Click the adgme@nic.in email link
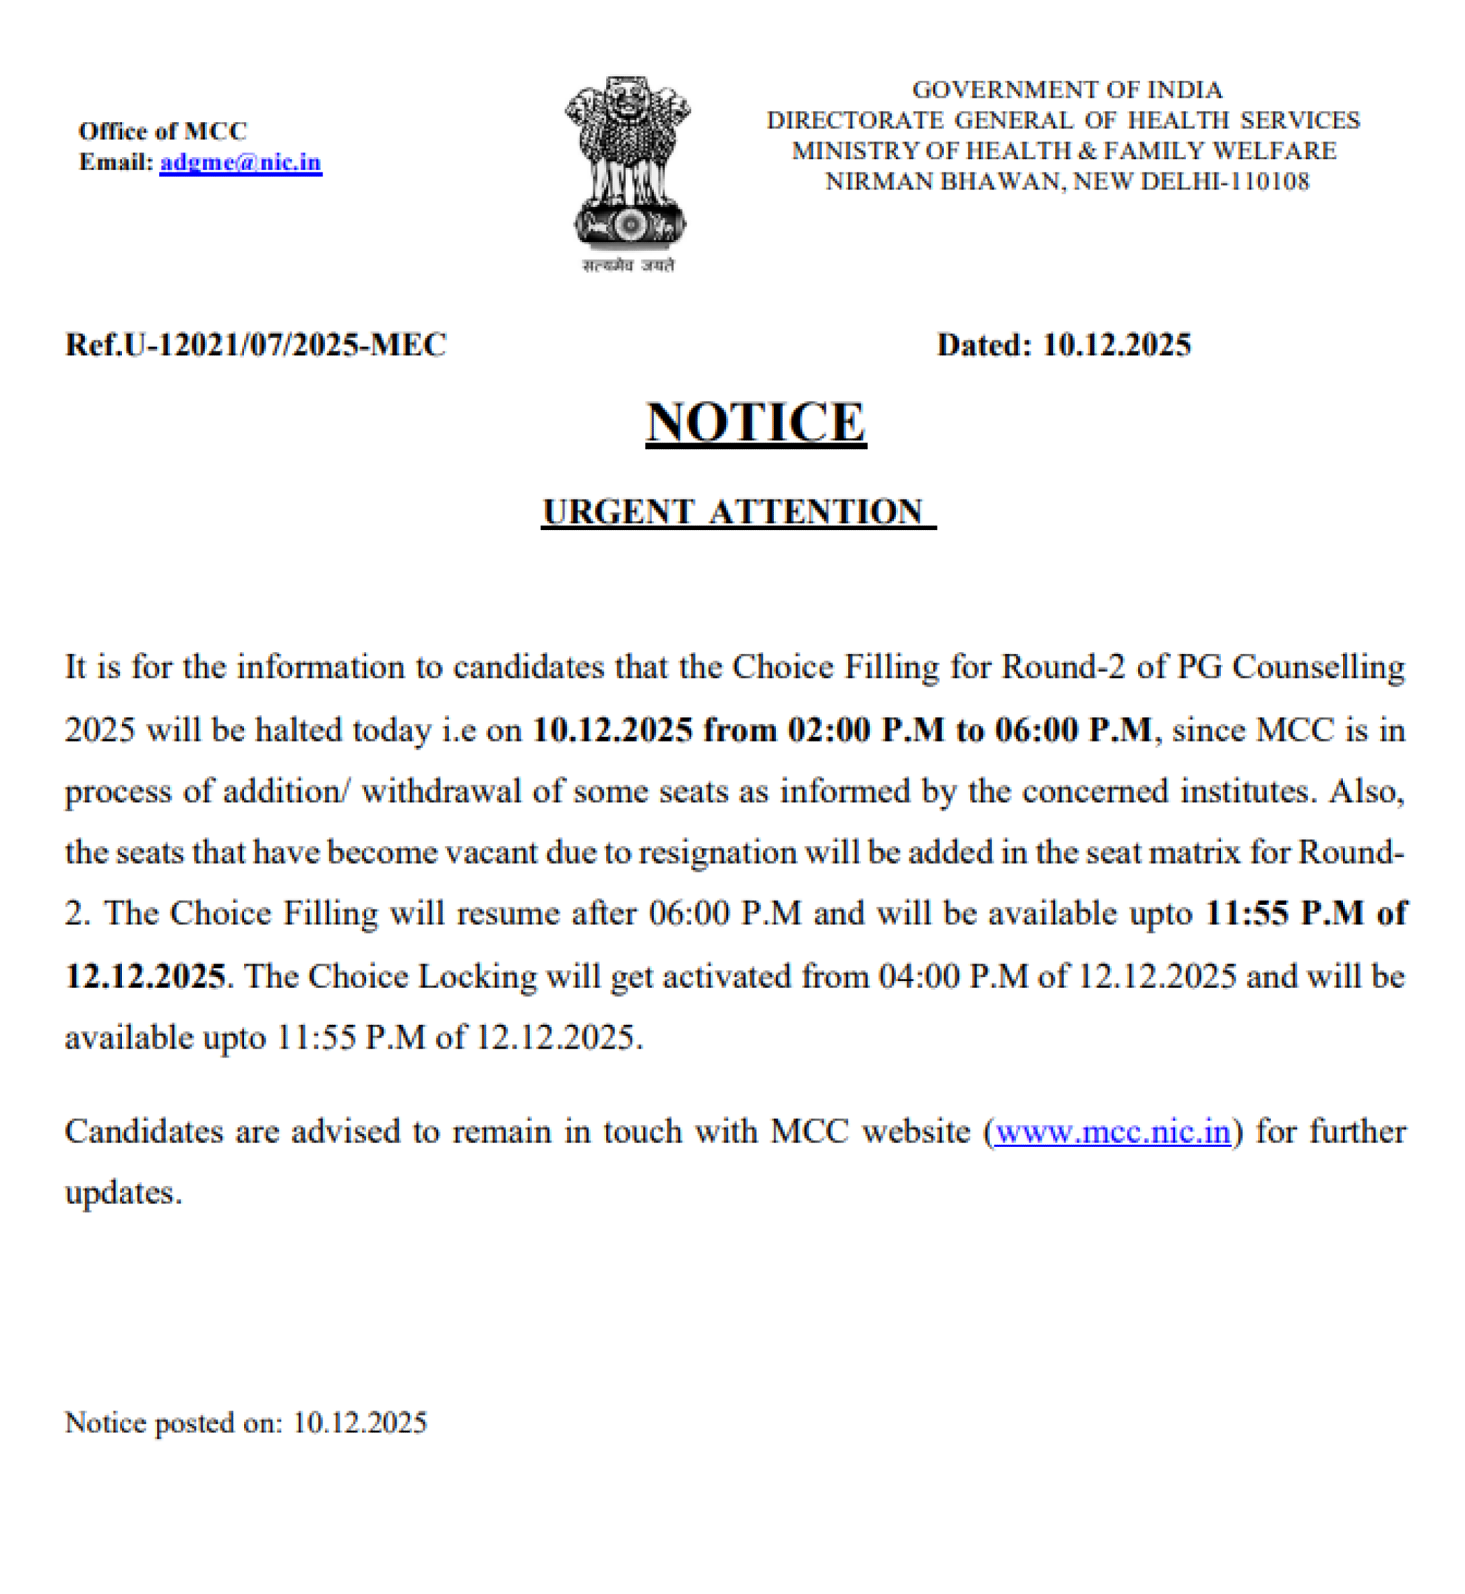pyautogui.click(x=240, y=163)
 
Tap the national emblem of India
pyautogui.click(x=628, y=162)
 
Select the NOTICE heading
pyautogui.click(x=755, y=422)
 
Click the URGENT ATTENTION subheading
pyautogui.click(x=736, y=511)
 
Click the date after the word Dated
pyautogui.click(x=1117, y=345)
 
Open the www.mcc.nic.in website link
pyautogui.click(x=1113, y=1131)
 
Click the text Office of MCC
pyautogui.click(x=163, y=131)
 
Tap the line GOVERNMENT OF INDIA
pyautogui.click(x=1067, y=90)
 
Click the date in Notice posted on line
pyautogui.click(x=360, y=1423)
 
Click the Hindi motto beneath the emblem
pyautogui.click(x=628, y=266)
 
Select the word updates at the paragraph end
pyautogui.click(x=123, y=1193)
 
